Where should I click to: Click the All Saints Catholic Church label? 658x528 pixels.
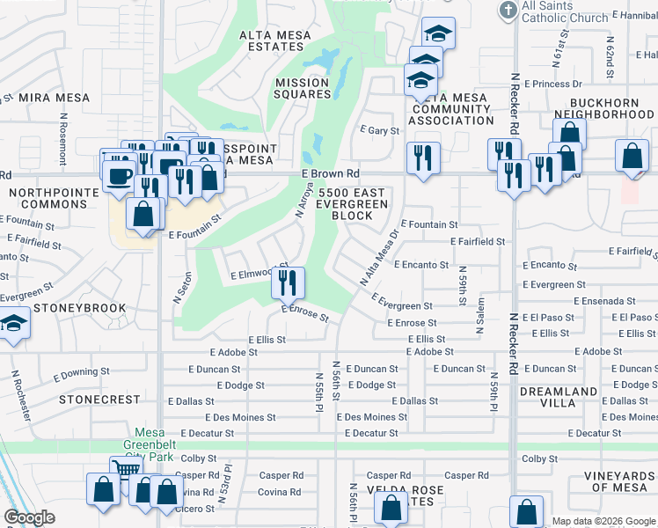pos(565,11)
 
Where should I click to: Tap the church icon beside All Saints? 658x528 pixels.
pos(508,11)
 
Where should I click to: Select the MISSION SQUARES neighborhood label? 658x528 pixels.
pos(302,89)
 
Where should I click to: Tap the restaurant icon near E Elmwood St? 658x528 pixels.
pos(287,282)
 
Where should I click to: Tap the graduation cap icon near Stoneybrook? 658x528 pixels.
pos(14,326)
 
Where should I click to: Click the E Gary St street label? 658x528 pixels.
pos(380,130)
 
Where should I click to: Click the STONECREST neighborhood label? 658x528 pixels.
pos(99,399)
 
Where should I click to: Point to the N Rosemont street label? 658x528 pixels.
pos(63,139)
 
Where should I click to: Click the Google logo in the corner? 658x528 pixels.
pos(29,517)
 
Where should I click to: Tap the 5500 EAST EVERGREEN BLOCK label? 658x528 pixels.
pos(353,203)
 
